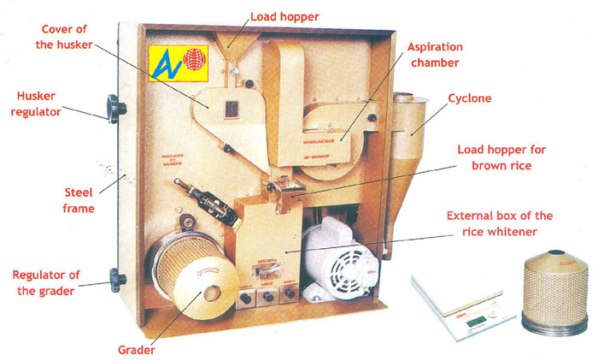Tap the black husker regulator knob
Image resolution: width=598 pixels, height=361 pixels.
[115, 109]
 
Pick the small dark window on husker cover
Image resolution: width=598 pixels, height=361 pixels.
[229, 109]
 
